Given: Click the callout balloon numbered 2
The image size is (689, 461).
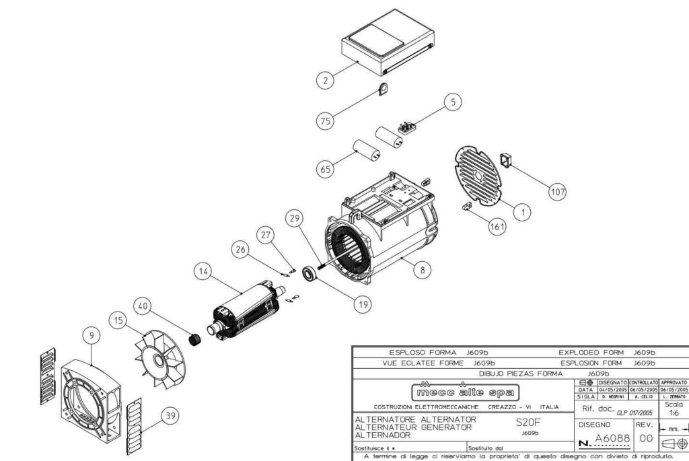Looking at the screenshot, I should click(x=326, y=81).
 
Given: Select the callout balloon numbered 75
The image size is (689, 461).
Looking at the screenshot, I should click(x=326, y=120).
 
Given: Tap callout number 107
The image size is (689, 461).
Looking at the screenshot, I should click(x=557, y=192).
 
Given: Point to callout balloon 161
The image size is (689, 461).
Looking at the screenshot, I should click(x=497, y=227).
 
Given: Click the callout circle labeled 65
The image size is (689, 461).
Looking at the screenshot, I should click(x=326, y=169).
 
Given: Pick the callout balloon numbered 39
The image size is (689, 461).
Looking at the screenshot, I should click(x=171, y=417).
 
